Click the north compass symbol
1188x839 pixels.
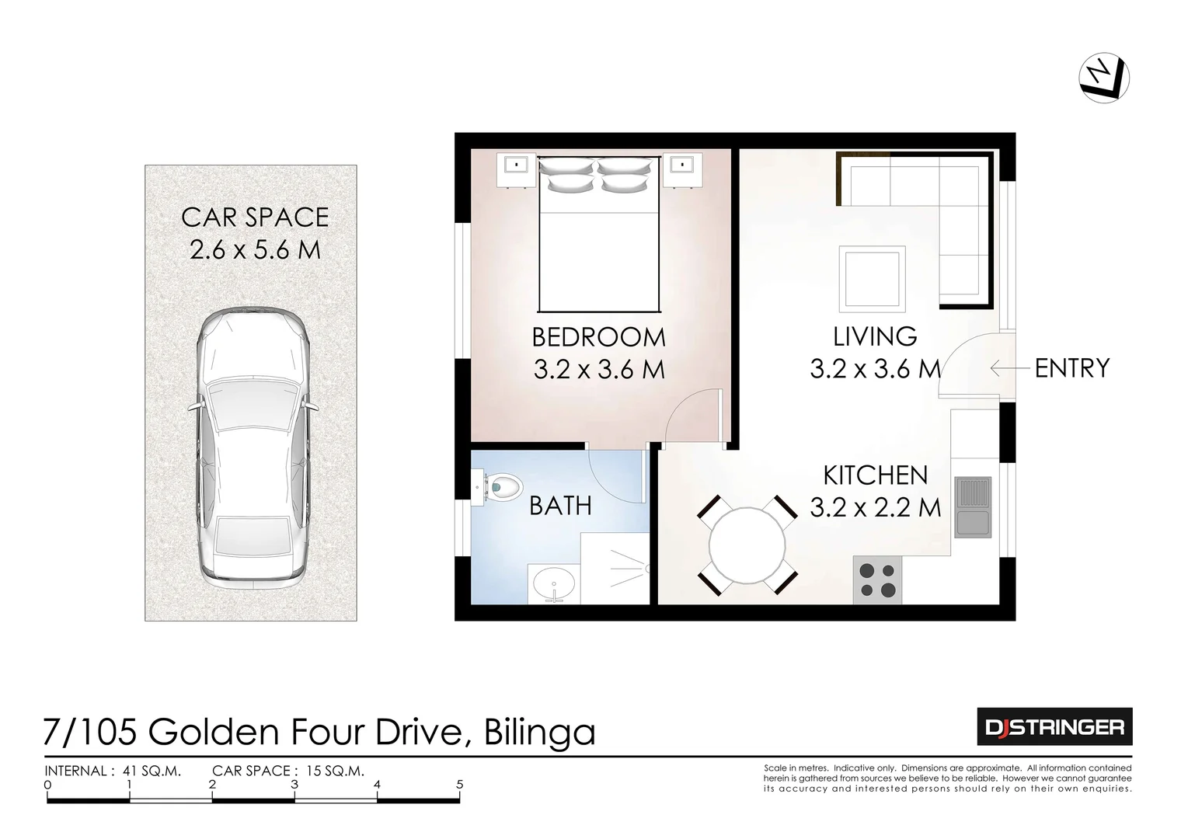(1104, 78)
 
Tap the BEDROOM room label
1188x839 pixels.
(598, 337)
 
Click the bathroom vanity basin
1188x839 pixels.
(554, 583)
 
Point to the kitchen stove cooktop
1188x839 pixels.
(877, 580)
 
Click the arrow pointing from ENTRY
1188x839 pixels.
(1009, 367)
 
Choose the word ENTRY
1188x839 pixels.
(1071, 367)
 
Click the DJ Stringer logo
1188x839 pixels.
(1054, 727)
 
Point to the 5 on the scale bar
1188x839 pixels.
(460, 785)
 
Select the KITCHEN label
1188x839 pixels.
(875, 475)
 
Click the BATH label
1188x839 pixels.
(560, 506)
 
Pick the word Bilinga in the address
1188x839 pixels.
(539, 732)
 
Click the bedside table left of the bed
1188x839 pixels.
(516, 169)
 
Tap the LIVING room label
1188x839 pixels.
(875, 336)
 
